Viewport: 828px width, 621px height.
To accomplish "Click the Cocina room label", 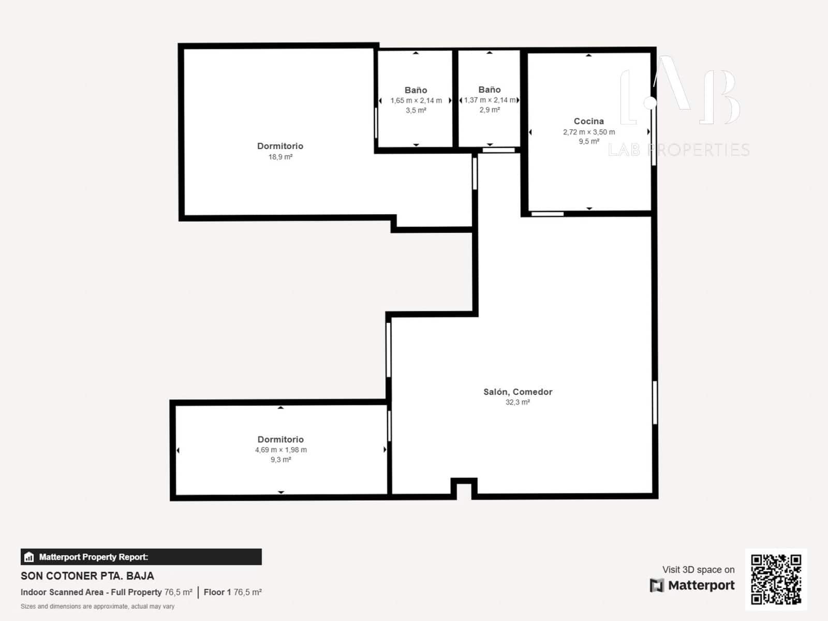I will [588, 121].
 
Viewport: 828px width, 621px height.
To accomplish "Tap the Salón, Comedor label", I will [517, 392].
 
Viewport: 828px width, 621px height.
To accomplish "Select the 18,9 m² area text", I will [280, 157].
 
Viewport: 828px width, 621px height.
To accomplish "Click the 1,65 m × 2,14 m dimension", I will [416, 100].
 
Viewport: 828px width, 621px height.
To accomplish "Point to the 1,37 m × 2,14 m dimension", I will [490, 100].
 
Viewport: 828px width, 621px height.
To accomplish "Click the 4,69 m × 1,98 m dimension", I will [280, 450].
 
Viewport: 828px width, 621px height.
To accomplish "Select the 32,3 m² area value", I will [517, 402].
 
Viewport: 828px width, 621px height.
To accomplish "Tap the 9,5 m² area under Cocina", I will [589, 141].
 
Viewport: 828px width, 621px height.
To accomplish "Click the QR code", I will [776, 579].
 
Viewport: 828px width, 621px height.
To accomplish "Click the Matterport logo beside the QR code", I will [692, 585].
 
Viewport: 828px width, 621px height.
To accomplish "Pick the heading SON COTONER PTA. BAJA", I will [87, 575].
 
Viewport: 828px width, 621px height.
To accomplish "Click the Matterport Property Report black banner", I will [141, 557].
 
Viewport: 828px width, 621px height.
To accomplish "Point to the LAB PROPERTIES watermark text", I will [678, 150].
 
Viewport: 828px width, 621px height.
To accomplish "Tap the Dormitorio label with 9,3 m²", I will [280, 439].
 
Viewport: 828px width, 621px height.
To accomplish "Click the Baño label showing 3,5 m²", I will [416, 90].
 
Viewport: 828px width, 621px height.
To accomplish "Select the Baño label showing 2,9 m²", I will [489, 90].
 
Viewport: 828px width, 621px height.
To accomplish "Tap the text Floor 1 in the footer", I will [217, 592].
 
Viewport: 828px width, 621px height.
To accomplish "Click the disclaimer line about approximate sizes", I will [97, 606].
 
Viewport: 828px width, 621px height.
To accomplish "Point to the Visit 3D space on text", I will [698, 569].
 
